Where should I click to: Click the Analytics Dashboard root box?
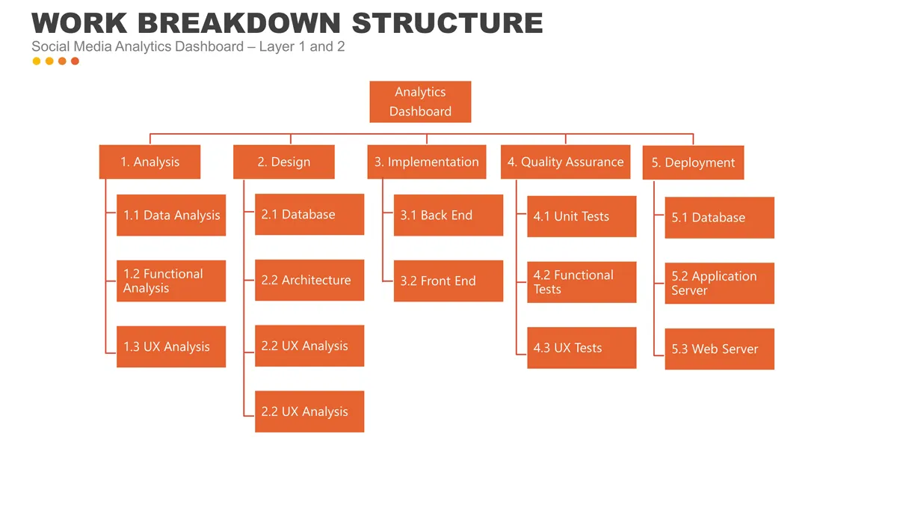click(x=420, y=102)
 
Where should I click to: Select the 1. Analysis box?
click(x=149, y=162)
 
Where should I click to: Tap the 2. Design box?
click(x=284, y=162)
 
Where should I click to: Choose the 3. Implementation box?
click(x=426, y=162)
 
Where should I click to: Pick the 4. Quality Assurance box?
click(x=565, y=162)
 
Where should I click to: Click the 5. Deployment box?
click(x=693, y=162)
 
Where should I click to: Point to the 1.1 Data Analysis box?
click(x=171, y=215)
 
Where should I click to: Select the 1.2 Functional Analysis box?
click(x=171, y=281)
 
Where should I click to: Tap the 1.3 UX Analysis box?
click(x=171, y=346)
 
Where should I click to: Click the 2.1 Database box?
click(x=309, y=215)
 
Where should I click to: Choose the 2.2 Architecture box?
click(x=309, y=281)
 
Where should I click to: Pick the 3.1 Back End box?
click(x=448, y=215)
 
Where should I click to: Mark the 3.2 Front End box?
click(x=448, y=281)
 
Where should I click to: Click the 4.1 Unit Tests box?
click(x=582, y=216)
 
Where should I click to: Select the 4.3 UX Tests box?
click(x=582, y=348)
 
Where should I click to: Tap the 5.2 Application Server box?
click(x=719, y=283)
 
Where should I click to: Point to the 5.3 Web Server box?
click(x=719, y=349)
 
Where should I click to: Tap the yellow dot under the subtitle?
click(x=37, y=61)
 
